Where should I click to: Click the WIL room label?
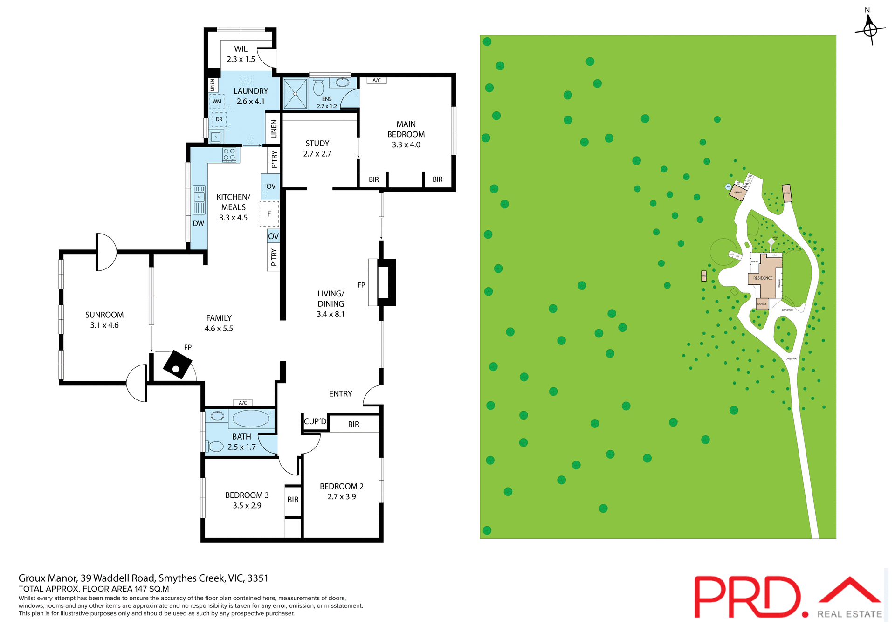pos(241,49)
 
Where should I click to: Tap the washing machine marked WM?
pos(217,101)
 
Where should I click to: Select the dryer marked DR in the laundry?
pos(219,119)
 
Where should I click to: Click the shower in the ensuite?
pos(295,94)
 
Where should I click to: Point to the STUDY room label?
pos(317,144)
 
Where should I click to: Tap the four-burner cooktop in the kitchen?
pos(229,154)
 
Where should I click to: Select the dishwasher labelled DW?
pos(199,223)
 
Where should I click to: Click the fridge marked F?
pos(269,214)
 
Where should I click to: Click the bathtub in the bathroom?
pos(250,418)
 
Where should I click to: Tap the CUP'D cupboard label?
pos(315,421)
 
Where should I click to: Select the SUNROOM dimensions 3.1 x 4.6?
pos(104,325)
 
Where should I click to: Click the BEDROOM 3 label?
pos(247,495)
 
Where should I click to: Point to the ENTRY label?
pos(340,394)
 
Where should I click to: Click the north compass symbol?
pos(870,29)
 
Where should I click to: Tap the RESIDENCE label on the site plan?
pos(763,278)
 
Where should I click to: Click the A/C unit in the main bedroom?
pos(377,80)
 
